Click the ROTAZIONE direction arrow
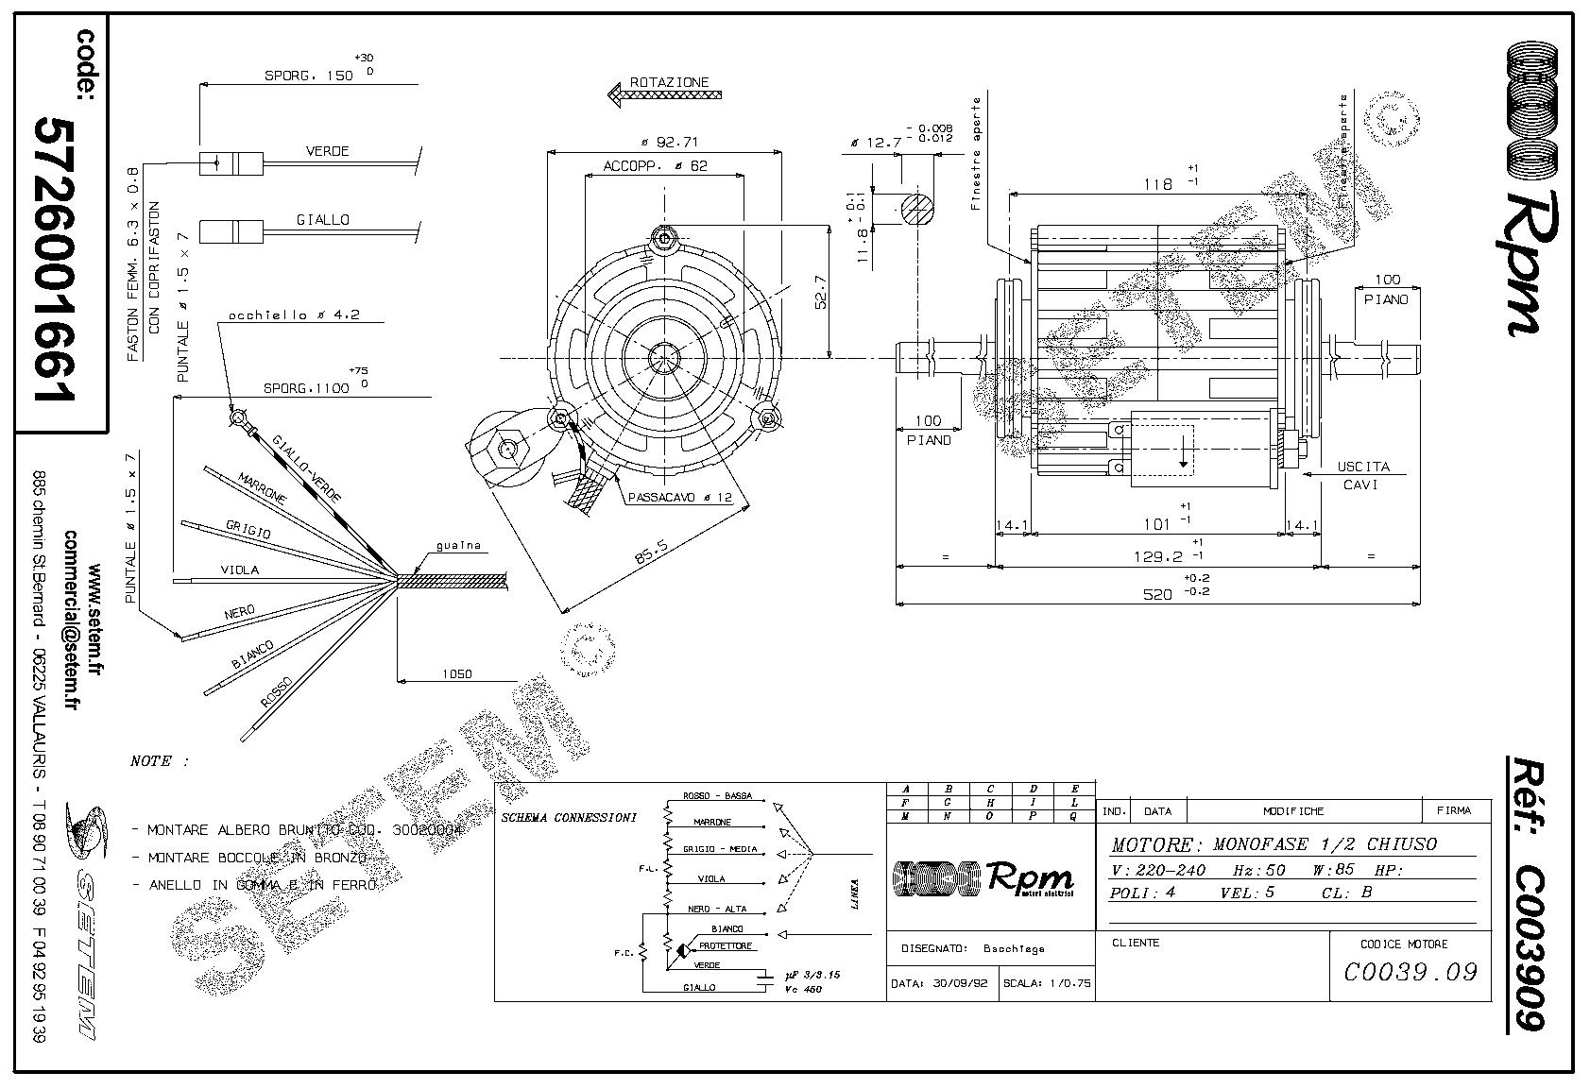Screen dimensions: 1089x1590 coord(663,94)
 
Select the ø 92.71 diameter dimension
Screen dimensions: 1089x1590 coord(669,143)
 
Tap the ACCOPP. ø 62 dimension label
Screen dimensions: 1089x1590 coord(656,166)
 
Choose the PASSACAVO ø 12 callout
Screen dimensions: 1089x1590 coord(678,497)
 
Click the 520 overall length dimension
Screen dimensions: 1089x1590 coord(1157,594)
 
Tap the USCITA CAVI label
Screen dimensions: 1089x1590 coord(1361,475)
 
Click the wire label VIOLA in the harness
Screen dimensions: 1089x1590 coord(239,570)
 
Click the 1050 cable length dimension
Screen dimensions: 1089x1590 coord(457,674)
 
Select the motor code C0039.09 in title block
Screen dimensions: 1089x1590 coord(1410,971)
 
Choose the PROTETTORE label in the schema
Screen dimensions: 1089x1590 coord(725,946)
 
